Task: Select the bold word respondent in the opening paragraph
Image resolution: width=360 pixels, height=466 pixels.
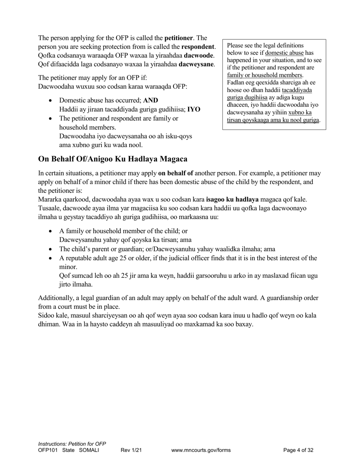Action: [x=198, y=47]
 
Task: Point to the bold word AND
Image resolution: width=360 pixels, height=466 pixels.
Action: [x=150, y=100]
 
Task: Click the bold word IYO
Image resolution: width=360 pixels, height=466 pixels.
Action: [x=194, y=109]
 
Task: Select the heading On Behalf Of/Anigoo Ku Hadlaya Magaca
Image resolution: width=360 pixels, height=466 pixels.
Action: [x=113, y=159]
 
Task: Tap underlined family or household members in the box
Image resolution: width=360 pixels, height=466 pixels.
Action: [x=265, y=75]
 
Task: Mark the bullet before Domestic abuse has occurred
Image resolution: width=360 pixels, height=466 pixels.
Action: [x=51, y=101]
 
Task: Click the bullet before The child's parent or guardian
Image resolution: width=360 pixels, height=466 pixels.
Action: [x=51, y=249]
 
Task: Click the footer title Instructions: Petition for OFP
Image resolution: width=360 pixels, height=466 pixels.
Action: [x=72, y=444]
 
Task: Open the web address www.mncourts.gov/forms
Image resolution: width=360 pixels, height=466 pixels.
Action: [x=201, y=450]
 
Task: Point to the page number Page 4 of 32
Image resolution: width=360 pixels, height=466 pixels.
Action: [x=298, y=450]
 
